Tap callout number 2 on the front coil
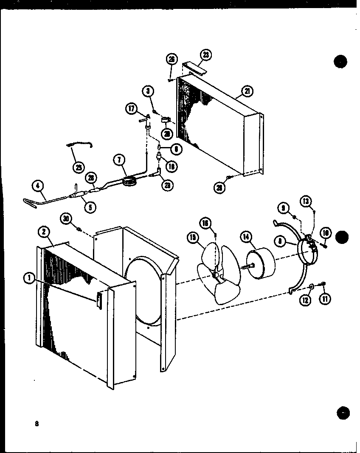coord(44,232)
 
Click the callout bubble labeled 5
coord(90,207)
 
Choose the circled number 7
coord(118,161)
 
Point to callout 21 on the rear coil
coord(246,91)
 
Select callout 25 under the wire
coord(79,167)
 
